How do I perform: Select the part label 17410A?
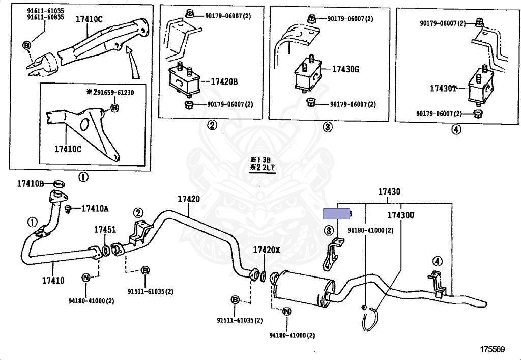pos(95,208)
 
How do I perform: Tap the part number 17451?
pos(104,230)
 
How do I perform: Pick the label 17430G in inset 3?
pos(345,69)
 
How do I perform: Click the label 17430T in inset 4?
pos(442,88)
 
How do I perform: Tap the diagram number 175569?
pos(492,349)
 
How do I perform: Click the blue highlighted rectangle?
pos(337,214)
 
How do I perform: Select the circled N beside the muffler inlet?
pos(286,312)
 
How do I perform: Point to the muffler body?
pos(300,289)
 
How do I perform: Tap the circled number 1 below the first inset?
pos(82,177)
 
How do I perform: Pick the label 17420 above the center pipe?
pos(188,199)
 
